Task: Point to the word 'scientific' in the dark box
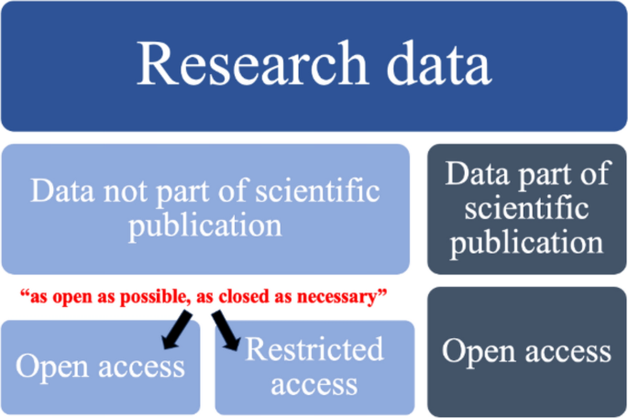click(x=527, y=208)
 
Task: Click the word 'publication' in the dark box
click(x=527, y=242)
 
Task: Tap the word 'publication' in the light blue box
click(x=205, y=225)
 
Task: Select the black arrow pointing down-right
click(x=226, y=329)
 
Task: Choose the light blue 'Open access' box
click(x=100, y=367)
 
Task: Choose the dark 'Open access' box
click(x=527, y=352)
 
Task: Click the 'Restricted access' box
click(x=314, y=367)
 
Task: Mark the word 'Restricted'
click(x=314, y=349)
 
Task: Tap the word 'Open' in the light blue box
click(x=50, y=368)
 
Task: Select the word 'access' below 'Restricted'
click(x=314, y=383)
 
